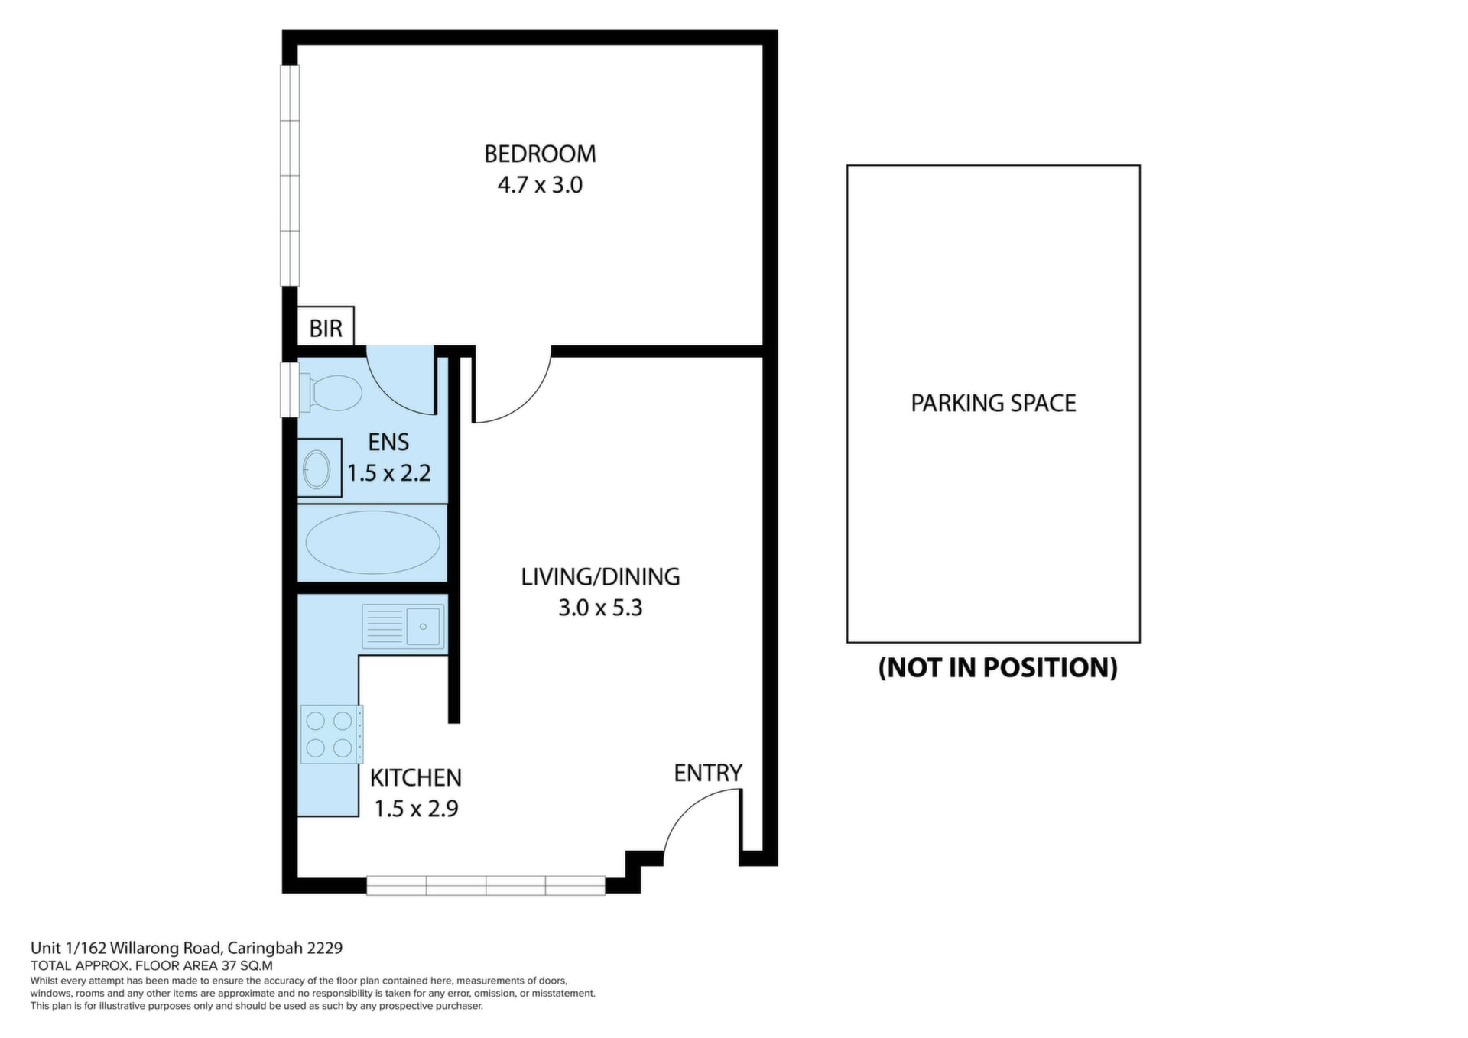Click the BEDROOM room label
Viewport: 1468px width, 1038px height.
point(540,154)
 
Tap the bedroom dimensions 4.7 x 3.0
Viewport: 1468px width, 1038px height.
point(540,185)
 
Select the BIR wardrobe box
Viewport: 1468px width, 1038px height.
point(325,327)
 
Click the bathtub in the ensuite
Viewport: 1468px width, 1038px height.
point(372,542)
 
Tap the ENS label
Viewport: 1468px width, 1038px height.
point(388,442)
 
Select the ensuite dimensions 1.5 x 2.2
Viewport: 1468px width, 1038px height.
point(389,473)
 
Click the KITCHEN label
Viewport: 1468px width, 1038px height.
point(416,778)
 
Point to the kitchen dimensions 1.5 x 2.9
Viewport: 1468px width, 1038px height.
point(416,809)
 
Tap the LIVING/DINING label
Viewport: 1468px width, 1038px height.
point(600,577)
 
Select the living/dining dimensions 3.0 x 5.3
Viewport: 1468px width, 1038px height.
point(600,608)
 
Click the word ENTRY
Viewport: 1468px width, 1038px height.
point(708,774)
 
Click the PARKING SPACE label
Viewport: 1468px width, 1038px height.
point(993,403)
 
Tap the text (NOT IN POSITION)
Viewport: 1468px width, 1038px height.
point(998,667)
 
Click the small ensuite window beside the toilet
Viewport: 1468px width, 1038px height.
point(290,390)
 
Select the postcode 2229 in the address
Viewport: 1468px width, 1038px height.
point(324,948)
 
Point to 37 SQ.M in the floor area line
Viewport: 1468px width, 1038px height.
point(247,965)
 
